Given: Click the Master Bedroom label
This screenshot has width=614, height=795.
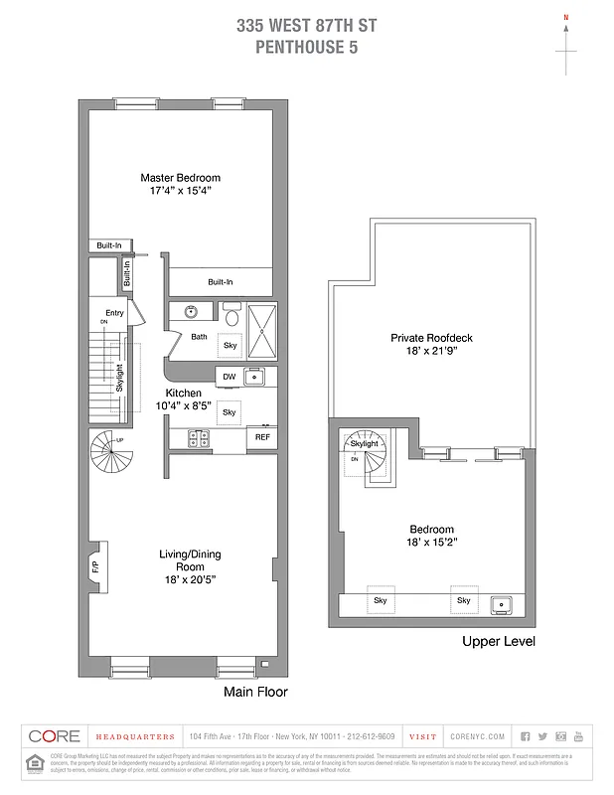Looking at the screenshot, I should click(x=180, y=178).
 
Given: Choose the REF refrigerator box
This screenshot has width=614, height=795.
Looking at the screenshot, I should click(x=262, y=437).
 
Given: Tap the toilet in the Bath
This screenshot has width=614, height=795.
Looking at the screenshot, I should click(x=231, y=316).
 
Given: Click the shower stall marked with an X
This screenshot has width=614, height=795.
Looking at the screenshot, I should click(x=262, y=322).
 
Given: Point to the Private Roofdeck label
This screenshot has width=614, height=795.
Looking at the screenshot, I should click(x=430, y=338).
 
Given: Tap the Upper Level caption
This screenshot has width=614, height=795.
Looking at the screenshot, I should click(x=498, y=642).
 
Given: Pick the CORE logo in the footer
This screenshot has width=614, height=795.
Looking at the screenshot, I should click(x=54, y=736).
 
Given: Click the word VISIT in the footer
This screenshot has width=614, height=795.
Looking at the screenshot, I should click(x=422, y=736).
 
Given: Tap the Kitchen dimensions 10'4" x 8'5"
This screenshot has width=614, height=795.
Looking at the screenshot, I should click(x=182, y=405).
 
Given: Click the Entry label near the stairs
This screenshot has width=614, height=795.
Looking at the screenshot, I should click(x=114, y=314).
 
